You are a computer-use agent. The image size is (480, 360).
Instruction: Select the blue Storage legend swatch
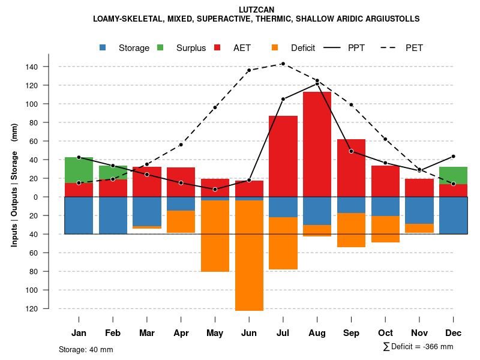(x=104, y=47)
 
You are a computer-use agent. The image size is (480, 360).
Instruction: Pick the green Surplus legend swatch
(x=161, y=47)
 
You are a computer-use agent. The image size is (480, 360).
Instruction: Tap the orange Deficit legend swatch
(x=275, y=47)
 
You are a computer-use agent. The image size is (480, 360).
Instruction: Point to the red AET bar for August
(x=317, y=144)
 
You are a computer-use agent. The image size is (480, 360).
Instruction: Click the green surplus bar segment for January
(x=79, y=170)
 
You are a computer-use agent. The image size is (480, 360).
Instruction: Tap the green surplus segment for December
(x=453, y=175)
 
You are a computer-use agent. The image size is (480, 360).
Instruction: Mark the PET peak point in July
(x=283, y=64)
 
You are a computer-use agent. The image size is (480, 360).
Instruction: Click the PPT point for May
(x=215, y=190)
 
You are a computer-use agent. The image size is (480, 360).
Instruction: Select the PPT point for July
(x=283, y=99)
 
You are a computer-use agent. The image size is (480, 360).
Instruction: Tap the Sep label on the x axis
(x=351, y=333)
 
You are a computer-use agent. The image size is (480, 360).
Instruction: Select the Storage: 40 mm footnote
(x=86, y=349)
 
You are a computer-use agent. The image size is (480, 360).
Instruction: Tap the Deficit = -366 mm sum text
(x=418, y=347)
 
